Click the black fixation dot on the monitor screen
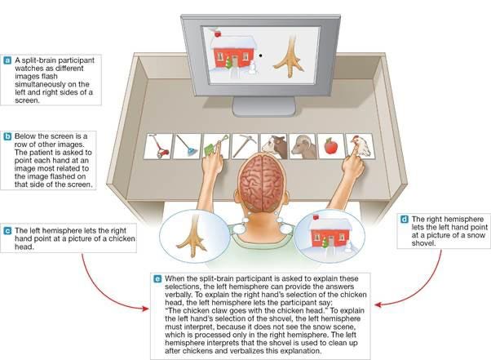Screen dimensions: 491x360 pyautogui.click(x=260, y=56)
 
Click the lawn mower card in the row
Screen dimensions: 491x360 pyautogui.click(x=158, y=146)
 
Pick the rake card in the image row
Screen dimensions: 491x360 pyautogui.click(x=187, y=146)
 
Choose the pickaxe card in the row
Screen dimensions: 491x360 pyautogui.click(x=245, y=146)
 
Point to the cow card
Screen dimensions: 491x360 pyautogui.click(x=274, y=146)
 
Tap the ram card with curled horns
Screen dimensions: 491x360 pyautogui.click(x=303, y=146)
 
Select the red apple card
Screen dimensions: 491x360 pyautogui.click(x=331, y=146)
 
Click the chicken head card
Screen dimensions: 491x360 pyautogui.click(x=360, y=146)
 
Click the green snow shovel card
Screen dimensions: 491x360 pyautogui.click(x=215, y=146)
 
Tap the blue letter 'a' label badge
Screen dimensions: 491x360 pyautogui.click(x=7, y=60)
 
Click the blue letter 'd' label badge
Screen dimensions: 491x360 pyautogui.click(x=405, y=219)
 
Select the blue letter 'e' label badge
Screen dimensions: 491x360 pyautogui.click(x=157, y=278)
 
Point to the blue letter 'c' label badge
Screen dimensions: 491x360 pyautogui.click(x=7, y=231)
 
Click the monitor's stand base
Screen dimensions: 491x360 pyautogui.click(x=264, y=106)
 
